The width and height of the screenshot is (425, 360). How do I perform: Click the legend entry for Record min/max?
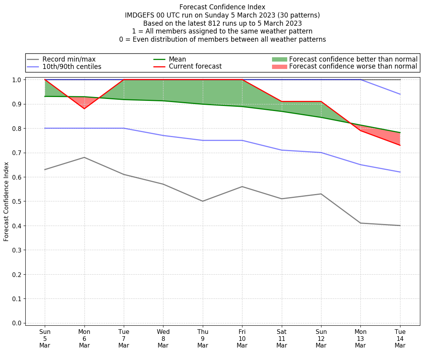[69, 59]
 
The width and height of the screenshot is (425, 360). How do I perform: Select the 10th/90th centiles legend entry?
[72, 67]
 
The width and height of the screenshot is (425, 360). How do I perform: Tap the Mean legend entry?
[177, 59]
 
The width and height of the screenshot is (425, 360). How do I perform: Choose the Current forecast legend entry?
[195, 67]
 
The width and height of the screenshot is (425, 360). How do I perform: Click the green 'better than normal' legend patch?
[279, 59]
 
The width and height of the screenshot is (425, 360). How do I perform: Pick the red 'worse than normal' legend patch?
[279, 67]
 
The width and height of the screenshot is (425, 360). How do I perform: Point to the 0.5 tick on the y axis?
[17, 201]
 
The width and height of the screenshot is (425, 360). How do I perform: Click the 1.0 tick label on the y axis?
[17, 80]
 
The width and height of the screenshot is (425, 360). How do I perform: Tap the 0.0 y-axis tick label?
[17, 323]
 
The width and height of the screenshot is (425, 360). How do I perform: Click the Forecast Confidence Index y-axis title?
[6, 201]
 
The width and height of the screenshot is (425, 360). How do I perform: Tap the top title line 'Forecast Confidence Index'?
[222, 7]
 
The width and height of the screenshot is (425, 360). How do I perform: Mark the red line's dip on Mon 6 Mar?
[84, 109]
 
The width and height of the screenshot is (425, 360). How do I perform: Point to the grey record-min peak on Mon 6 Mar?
[84, 157]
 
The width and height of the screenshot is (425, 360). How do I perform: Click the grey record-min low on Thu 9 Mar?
[203, 201]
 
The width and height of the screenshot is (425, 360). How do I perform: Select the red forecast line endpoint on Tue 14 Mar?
[400, 145]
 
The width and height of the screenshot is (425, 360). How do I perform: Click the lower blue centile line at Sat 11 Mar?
[282, 150]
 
